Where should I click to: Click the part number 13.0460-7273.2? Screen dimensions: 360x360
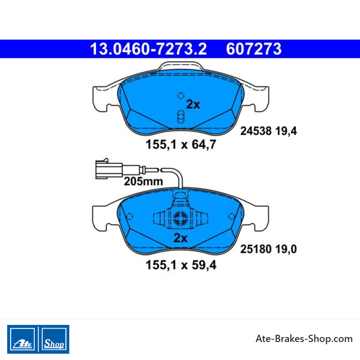click(x=148, y=49)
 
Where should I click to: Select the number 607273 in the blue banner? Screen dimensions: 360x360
click(x=254, y=49)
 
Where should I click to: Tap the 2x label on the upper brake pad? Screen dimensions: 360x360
click(x=193, y=104)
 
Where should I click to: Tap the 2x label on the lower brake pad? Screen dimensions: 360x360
click(x=180, y=238)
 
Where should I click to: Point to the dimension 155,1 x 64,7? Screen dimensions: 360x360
click(x=181, y=144)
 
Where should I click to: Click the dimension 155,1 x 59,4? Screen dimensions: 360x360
click(x=181, y=265)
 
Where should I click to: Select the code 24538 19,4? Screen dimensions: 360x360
click(x=268, y=131)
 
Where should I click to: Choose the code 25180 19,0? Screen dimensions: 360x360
click(x=268, y=249)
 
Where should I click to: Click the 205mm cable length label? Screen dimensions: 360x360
click(x=144, y=181)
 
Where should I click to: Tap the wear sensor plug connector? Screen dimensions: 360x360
click(x=108, y=169)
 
